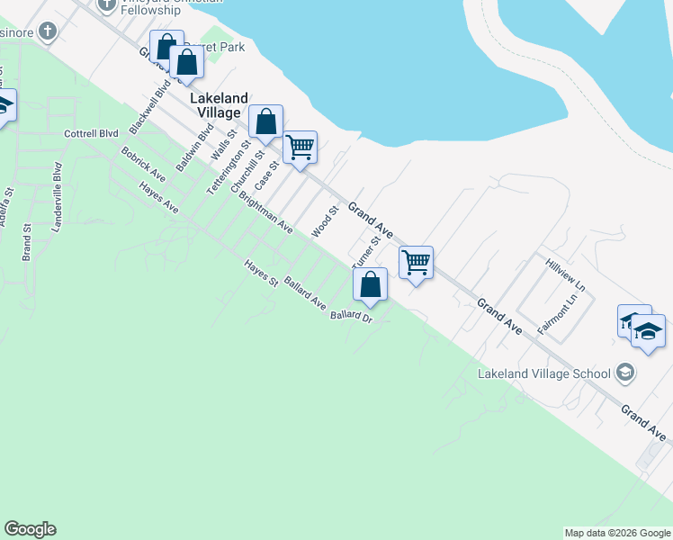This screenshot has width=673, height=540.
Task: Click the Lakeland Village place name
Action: point(216,105)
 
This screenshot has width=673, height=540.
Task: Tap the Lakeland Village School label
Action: point(543,373)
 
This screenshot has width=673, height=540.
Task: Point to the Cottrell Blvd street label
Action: point(92,133)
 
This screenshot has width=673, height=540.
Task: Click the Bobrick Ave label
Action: point(144,162)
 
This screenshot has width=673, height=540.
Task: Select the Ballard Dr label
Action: point(351,316)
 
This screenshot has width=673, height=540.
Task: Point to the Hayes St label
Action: point(262,274)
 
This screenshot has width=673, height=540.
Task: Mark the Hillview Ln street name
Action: point(566,274)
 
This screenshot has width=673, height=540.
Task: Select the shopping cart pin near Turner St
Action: point(416,263)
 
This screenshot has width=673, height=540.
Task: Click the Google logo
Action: point(30,529)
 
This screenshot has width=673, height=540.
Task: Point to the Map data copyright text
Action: point(617,533)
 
